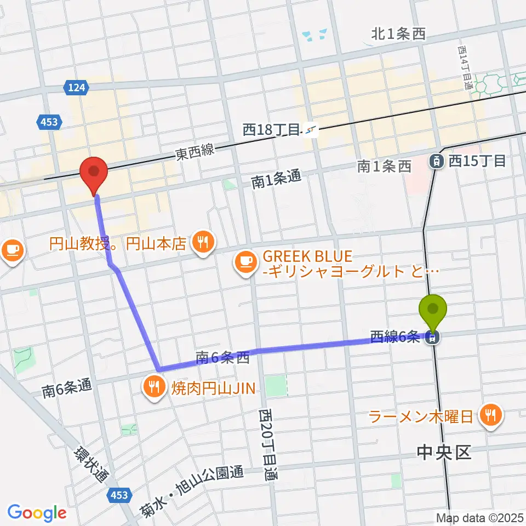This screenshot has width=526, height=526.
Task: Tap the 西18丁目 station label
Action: [272, 130]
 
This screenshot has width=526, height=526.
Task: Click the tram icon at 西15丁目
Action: [437, 161]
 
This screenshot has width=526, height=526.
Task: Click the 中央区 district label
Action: [444, 453]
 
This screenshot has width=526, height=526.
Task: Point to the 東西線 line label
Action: [195, 151]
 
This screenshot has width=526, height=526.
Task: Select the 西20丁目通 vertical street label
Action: [266, 445]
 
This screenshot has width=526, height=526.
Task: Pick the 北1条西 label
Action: [398, 35]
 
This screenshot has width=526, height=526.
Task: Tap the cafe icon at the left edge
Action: [12, 250]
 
